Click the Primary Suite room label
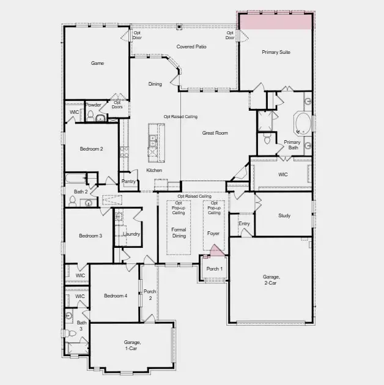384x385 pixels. (276, 53)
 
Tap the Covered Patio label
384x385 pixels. (191, 47)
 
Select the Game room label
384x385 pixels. (97, 63)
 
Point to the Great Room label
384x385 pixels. (215, 133)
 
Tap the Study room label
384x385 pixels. (284, 215)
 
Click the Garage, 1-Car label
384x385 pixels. (132, 345)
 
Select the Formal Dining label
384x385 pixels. (179, 233)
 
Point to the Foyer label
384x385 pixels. (213, 233)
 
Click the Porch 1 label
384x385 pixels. (214, 269)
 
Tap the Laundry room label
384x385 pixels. (131, 234)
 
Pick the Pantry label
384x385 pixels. (128, 181)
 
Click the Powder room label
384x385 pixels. (94, 105)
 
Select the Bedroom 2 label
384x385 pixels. (91, 149)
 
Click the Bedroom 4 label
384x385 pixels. (116, 296)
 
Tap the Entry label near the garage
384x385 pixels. (244, 224)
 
